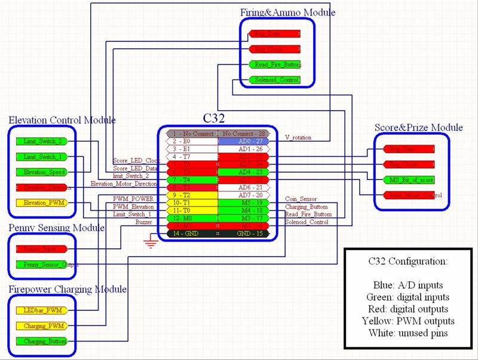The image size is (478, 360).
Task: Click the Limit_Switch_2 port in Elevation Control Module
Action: (x=39, y=141)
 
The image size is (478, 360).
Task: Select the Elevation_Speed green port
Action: (x=39, y=172)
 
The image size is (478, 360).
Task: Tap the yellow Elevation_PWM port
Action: (x=39, y=203)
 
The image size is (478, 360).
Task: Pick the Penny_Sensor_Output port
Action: (x=39, y=264)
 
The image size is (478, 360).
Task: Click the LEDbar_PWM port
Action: (x=39, y=310)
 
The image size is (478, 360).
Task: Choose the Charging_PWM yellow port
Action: (x=39, y=326)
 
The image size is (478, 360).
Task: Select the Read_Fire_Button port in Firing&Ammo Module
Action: (x=274, y=65)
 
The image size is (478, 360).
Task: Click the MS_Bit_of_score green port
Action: (x=409, y=179)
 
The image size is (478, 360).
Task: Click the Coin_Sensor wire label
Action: (x=301, y=199)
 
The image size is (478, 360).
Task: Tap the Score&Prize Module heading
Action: (x=418, y=127)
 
